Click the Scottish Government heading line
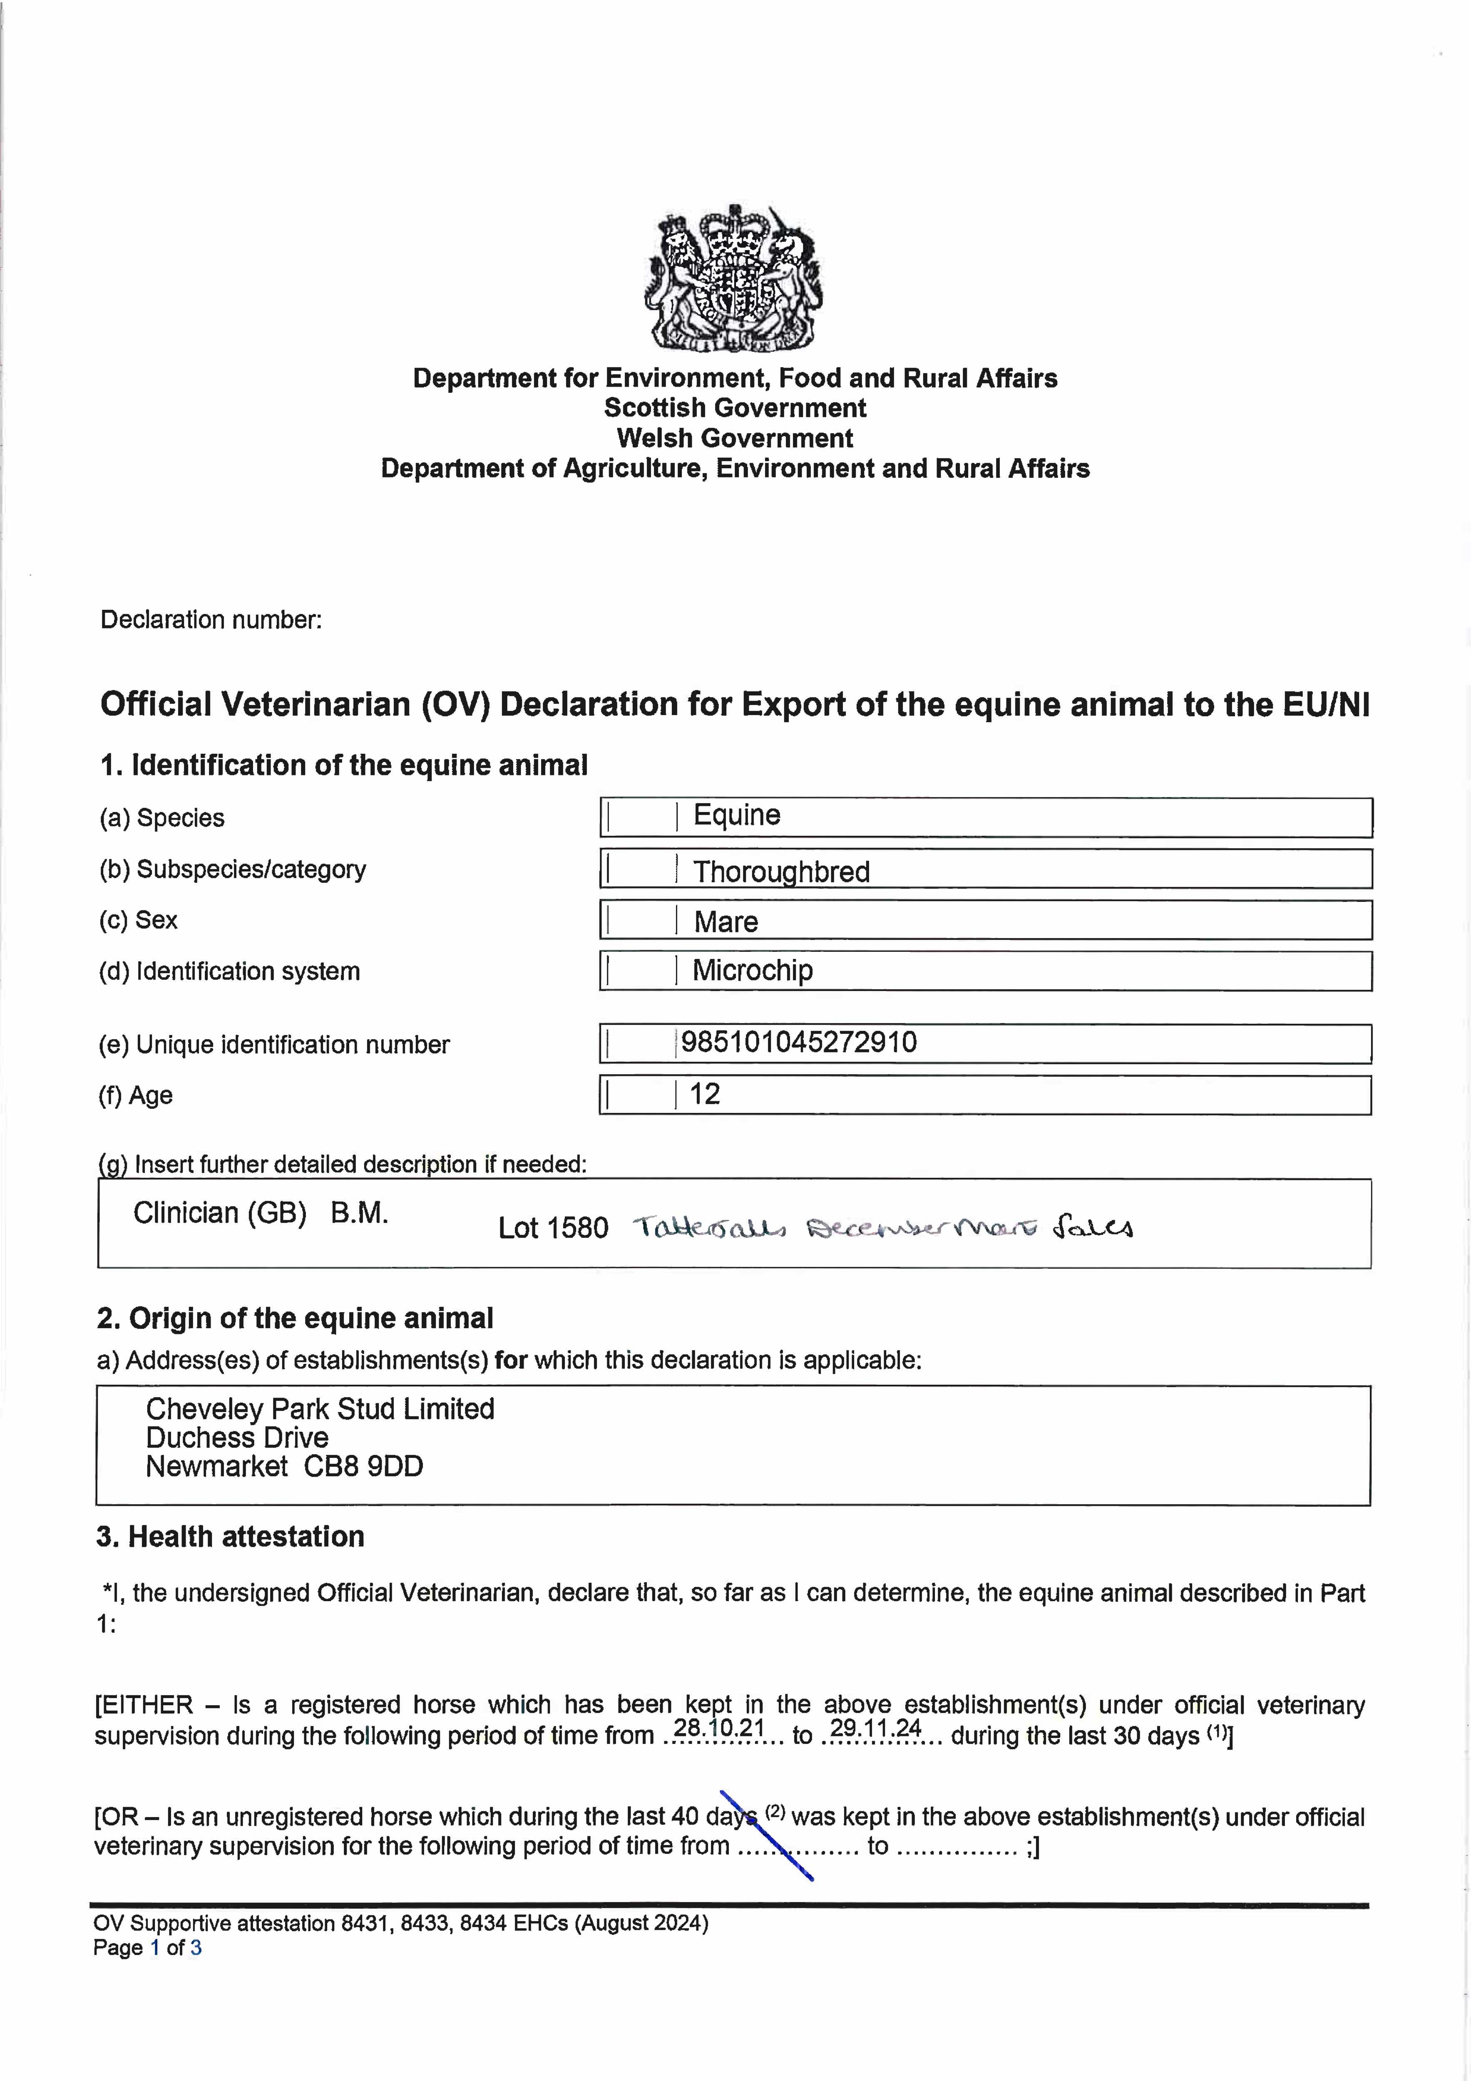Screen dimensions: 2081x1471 [x=735, y=408]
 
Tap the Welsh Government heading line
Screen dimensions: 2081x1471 [x=735, y=439]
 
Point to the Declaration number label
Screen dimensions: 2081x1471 [x=211, y=620]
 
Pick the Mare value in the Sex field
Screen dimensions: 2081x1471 [x=726, y=922]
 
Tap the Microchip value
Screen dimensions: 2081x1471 [x=752, y=971]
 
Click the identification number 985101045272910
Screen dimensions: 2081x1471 [x=798, y=1042]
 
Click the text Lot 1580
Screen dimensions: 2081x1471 [x=553, y=1228]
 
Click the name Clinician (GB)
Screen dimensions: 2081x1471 [x=219, y=1213]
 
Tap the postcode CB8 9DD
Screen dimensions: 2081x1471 [x=363, y=1467]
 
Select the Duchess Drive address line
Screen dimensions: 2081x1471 [x=237, y=1438]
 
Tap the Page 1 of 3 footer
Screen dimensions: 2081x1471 [x=147, y=1948]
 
